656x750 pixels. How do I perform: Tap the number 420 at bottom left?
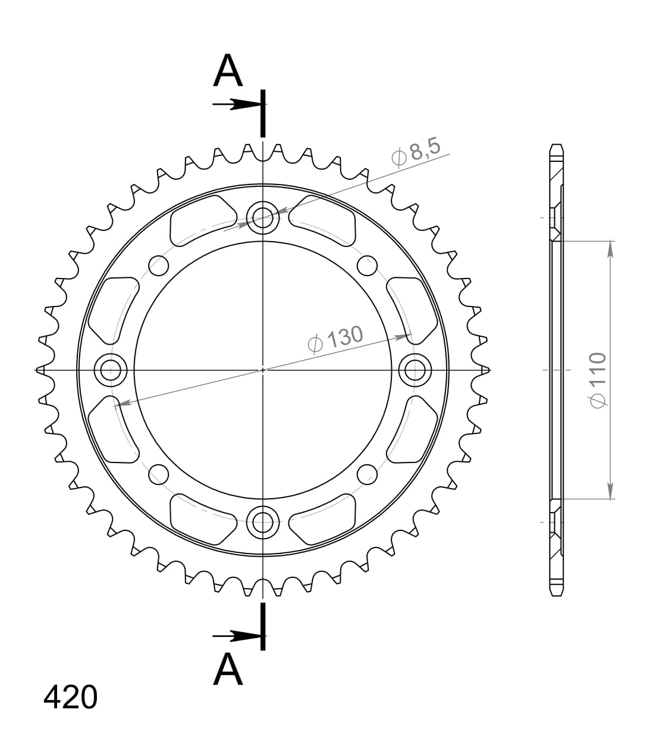click(70, 697)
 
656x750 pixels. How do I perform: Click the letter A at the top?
click(228, 71)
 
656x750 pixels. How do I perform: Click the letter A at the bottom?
click(228, 669)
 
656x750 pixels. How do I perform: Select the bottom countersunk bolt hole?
click(262, 522)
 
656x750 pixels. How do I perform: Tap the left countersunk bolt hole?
click(111, 370)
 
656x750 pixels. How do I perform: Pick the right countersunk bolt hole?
click(414, 370)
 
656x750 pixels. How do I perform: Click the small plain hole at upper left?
click(158, 265)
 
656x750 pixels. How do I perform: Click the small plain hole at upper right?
click(368, 265)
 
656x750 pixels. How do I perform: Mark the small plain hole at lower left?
click(158, 474)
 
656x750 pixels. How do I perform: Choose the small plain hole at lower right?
click(368, 474)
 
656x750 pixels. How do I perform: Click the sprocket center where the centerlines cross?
click(262, 370)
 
